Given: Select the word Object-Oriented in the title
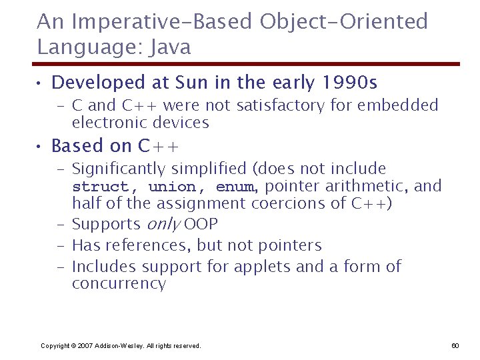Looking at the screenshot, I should pos(343,22).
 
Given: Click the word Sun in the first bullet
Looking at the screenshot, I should pos(194,83).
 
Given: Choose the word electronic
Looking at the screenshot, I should pos(109,123).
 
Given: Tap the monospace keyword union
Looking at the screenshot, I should pos(172,187).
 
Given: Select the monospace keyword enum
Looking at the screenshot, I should pos(235,187).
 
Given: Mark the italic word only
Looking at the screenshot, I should pos(163,225).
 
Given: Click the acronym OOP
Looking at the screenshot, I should pos(201,225).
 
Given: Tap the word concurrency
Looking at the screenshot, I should pos(119,284).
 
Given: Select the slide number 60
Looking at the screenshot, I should pos(455,345).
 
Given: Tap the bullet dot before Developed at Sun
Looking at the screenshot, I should pos(41,83).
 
